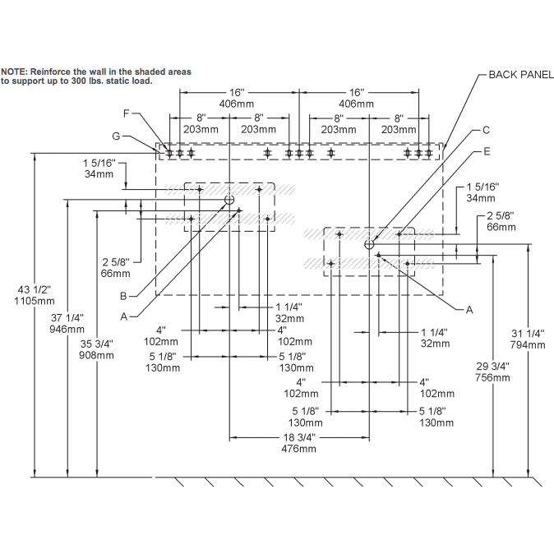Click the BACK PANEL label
tap(521, 74)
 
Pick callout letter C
tap(486, 130)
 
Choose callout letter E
tap(487, 152)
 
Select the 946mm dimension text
tap(67, 329)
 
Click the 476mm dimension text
tap(298, 449)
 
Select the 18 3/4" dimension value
tap(298, 438)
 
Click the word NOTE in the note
tap(13, 72)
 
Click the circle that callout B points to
tap(229, 200)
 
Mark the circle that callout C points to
tap(370, 244)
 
